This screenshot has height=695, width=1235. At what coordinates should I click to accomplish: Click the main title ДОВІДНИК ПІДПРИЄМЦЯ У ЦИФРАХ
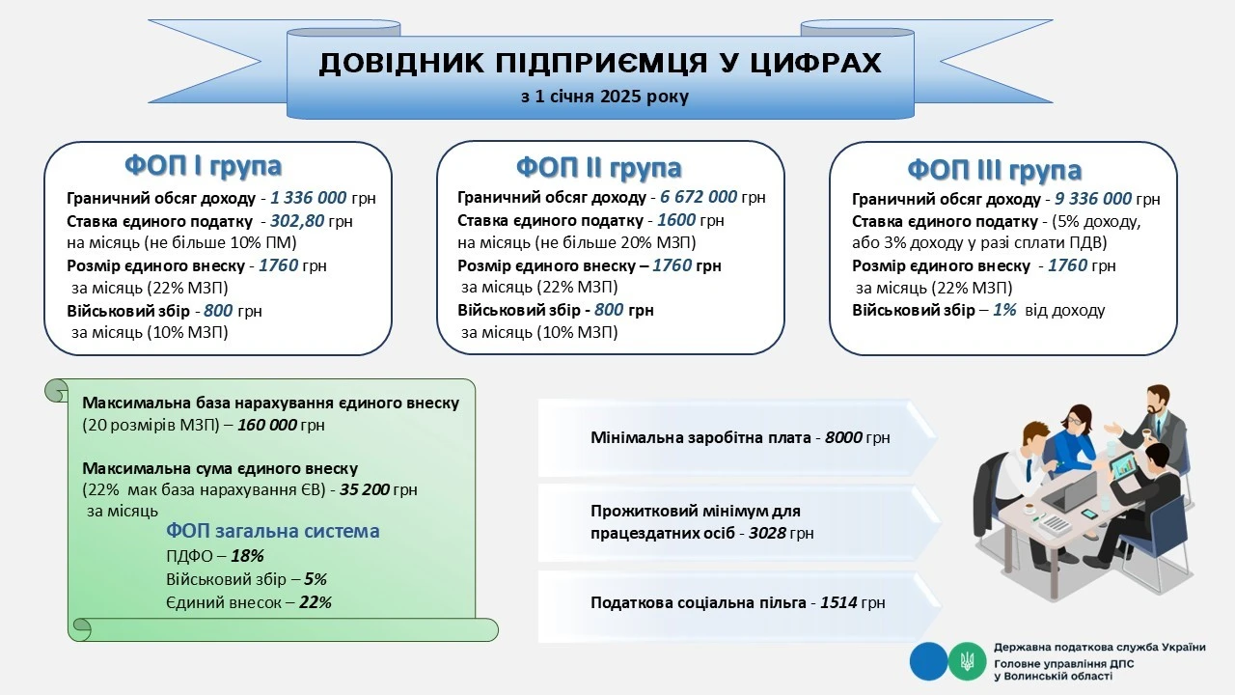(x=599, y=64)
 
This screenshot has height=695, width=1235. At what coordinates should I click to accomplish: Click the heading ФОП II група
(x=598, y=167)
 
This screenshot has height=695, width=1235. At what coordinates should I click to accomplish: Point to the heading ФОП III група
(x=994, y=170)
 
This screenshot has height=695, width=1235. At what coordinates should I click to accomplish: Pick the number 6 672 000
(x=700, y=197)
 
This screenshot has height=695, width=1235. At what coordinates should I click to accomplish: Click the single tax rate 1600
(x=675, y=220)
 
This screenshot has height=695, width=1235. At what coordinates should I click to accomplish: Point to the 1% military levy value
(x=1004, y=311)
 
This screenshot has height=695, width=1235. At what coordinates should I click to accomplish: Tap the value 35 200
(x=364, y=489)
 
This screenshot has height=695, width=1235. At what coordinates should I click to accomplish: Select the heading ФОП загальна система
(x=273, y=531)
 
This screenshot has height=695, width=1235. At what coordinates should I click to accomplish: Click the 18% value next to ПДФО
(x=247, y=556)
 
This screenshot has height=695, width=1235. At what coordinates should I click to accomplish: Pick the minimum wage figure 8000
(x=843, y=437)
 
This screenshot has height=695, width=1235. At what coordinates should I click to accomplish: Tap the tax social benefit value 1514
(x=839, y=603)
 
